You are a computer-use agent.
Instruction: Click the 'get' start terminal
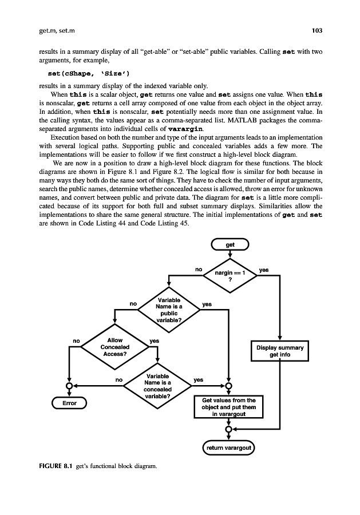(x=230, y=245)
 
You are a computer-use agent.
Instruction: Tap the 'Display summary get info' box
(x=280, y=351)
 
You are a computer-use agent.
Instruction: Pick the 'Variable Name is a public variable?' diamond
(x=168, y=310)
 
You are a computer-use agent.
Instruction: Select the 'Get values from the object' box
(x=228, y=407)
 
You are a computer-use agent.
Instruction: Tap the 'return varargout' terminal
(x=230, y=446)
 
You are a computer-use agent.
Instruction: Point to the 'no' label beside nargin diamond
(x=199, y=268)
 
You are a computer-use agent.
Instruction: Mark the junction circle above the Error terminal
(x=69, y=385)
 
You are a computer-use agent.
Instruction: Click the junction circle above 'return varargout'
(x=229, y=429)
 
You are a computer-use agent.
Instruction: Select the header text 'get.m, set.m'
(x=52, y=30)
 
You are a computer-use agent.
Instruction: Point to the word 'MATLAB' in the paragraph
(x=249, y=122)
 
